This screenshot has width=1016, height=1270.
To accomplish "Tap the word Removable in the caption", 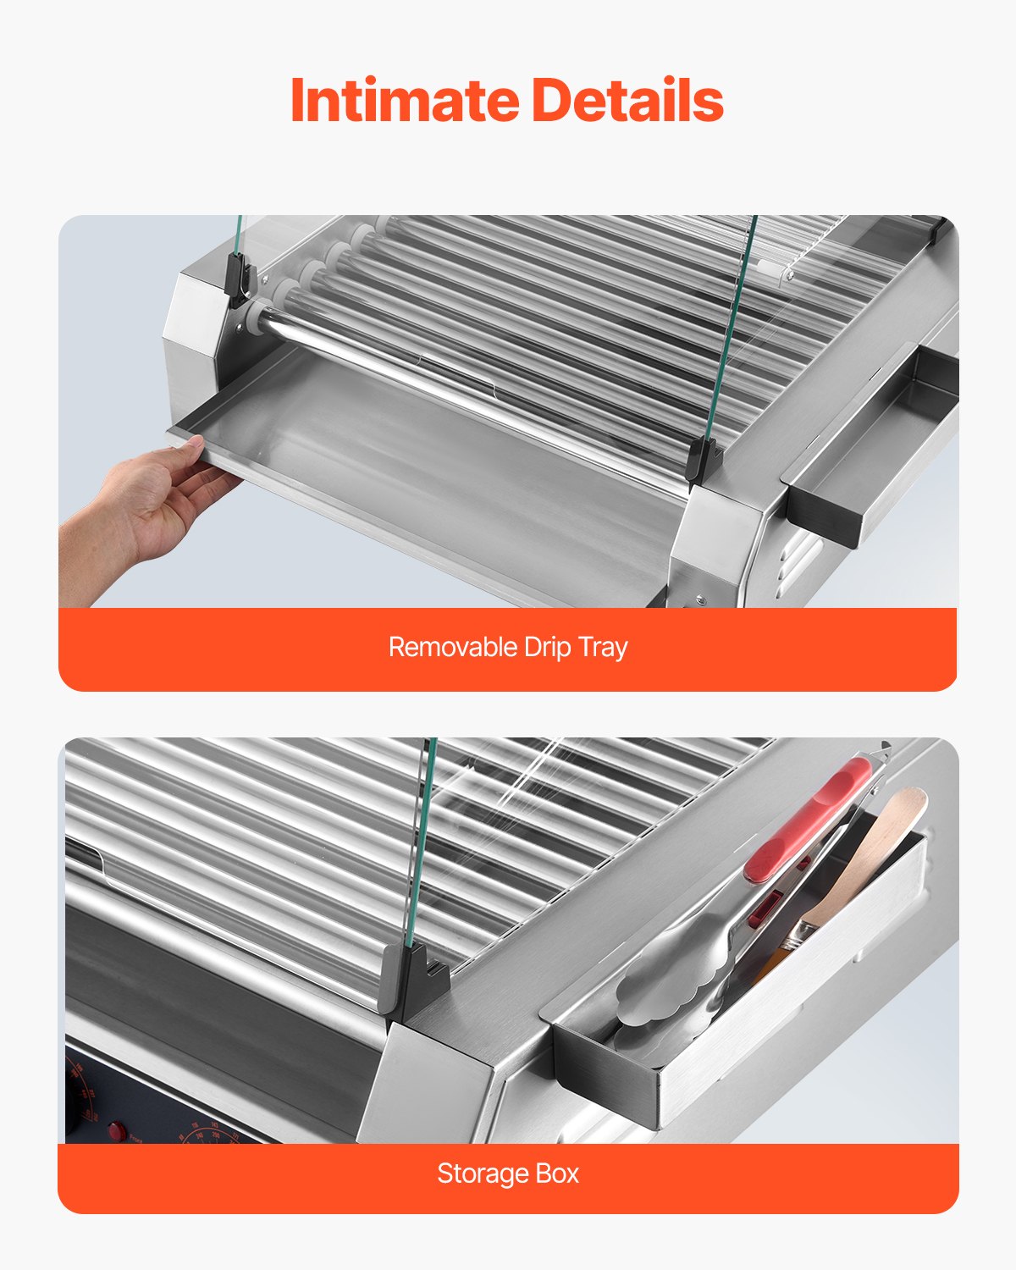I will pos(451,647).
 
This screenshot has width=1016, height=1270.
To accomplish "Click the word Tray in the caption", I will pos(603,647).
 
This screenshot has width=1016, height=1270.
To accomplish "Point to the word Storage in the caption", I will pos(483,1173).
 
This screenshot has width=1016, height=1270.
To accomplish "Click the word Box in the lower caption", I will pos(557,1173).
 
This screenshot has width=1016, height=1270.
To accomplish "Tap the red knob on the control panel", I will pos(116,1130).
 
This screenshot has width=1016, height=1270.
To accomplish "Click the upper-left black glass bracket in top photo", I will pos(239,279).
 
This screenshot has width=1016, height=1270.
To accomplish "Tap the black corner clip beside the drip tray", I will pos(704,461).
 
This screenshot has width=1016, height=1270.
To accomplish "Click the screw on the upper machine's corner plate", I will pos(700,599).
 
